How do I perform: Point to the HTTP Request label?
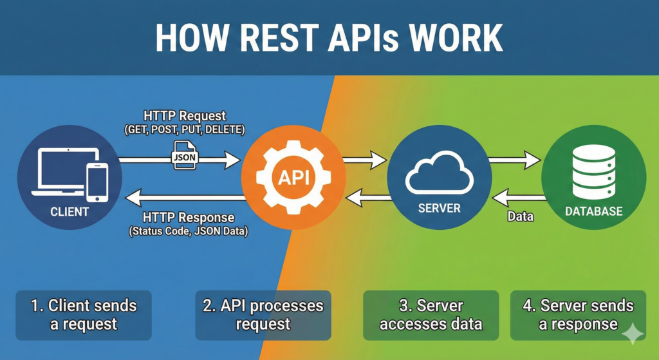[x=185, y=116]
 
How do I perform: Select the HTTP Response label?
[x=189, y=218]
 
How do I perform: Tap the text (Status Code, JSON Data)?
[x=189, y=231]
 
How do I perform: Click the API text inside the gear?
[x=293, y=177]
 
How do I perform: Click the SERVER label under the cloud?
[x=439, y=208]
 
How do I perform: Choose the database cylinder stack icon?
[x=593, y=171]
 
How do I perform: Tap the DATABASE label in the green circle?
[x=593, y=211]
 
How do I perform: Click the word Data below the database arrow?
[x=519, y=216]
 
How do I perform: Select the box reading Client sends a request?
[x=84, y=315]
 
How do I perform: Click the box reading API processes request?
[x=263, y=315]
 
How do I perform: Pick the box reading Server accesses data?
[x=431, y=315]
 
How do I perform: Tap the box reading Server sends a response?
[x=577, y=315]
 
